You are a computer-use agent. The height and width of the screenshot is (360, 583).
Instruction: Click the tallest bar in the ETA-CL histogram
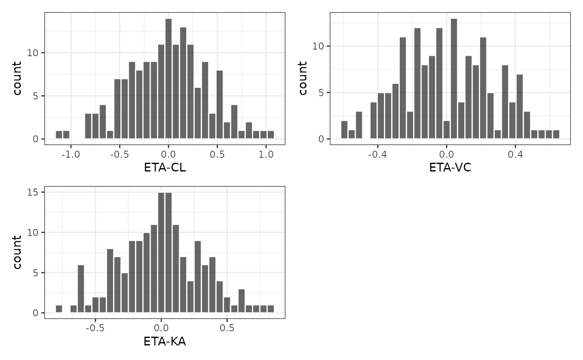tap(168, 79)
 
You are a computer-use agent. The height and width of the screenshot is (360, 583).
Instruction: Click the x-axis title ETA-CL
tap(164, 168)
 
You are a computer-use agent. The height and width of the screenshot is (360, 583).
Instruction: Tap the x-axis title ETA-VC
tap(450, 168)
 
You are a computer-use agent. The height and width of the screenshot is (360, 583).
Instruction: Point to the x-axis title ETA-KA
tap(164, 342)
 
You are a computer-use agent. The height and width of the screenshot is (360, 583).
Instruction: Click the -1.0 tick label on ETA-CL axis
tap(70, 154)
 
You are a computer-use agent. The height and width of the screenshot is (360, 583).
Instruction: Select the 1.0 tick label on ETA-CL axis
tap(266, 154)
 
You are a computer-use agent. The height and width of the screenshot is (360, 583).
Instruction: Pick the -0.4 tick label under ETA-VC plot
tap(377, 154)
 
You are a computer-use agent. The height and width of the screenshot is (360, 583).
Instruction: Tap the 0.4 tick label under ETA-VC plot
tap(515, 154)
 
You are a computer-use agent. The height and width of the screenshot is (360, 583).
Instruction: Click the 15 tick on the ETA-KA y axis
tap(34, 192)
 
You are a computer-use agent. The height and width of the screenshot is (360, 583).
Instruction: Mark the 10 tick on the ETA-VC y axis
tap(318, 46)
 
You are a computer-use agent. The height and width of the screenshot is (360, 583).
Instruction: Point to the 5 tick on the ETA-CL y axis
tap(36, 96)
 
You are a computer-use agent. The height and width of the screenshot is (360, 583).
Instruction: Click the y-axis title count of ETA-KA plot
tap(17, 252)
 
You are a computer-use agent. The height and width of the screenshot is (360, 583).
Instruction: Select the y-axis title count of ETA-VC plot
tap(303, 78)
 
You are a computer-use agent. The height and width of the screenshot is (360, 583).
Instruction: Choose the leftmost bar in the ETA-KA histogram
tap(59, 309)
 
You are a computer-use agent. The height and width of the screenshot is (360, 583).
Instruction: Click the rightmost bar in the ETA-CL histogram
tap(271, 135)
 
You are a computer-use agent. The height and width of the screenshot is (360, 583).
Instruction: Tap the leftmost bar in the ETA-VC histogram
tap(344, 130)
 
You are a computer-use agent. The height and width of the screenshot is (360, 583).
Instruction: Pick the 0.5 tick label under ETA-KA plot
tap(227, 328)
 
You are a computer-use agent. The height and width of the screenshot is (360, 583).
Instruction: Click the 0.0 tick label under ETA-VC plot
tap(446, 154)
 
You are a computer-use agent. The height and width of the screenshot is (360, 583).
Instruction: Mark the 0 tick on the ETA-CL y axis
tap(36, 139)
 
